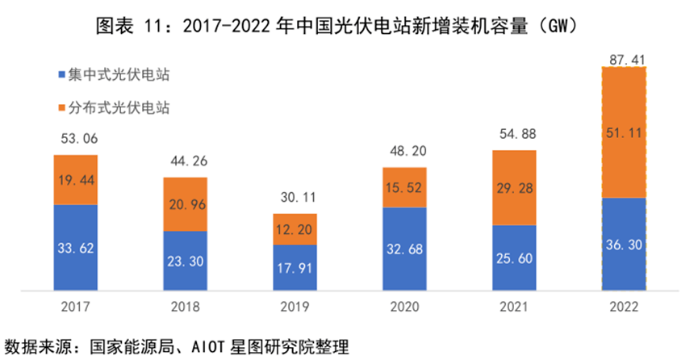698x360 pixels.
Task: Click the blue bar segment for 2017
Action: (x=75, y=246)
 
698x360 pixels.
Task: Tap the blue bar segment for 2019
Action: (x=295, y=266)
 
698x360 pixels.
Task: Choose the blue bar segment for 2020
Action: (x=404, y=249)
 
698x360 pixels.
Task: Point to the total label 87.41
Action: (x=624, y=57)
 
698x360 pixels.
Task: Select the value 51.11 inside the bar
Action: (x=624, y=133)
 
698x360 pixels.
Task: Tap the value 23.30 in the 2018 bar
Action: (x=185, y=261)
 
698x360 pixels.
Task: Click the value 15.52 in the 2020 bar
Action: (x=404, y=187)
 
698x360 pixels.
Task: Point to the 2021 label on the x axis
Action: (x=514, y=307)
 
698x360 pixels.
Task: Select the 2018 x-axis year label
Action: (x=185, y=307)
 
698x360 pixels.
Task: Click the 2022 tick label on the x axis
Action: (x=624, y=307)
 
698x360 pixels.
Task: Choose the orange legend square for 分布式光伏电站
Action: (x=63, y=107)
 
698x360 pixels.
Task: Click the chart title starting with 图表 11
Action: (x=349, y=26)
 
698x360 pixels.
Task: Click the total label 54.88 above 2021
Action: (x=514, y=134)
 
